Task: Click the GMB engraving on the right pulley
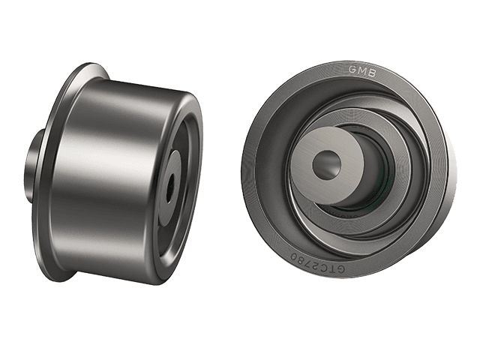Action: point(362,70)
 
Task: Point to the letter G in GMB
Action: point(352,70)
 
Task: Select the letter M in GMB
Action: point(361,70)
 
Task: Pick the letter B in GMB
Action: point(372,72)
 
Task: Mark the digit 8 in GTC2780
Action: point(300,259)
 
